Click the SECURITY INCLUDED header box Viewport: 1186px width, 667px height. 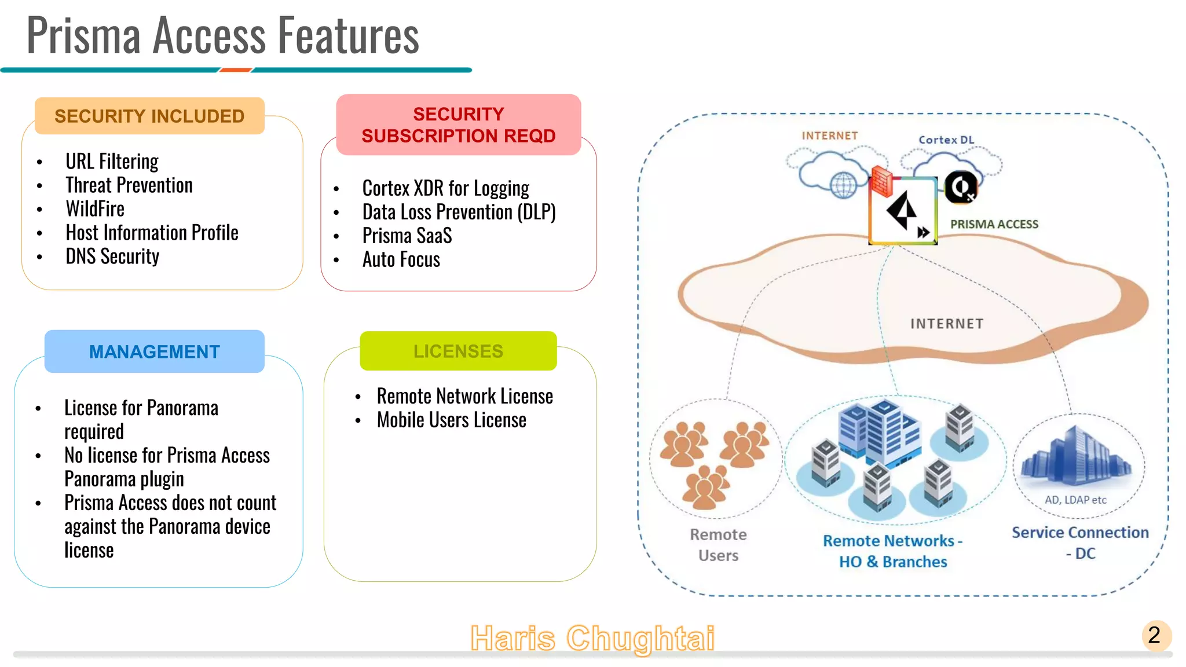pyautogui.click(x=149, y=116)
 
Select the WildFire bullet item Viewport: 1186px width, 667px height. pyautogui.click(x=95, y=209)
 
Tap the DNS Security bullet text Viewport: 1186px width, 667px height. pyautogui.click(x=112, y=256)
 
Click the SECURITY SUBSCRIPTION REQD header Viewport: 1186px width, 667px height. pyautogui.click(x=458, y=124)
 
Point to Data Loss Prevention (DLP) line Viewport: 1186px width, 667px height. pyautogui.click(x=459, y=212)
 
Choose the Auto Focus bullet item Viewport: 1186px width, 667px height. pyautogui.click(x=401, y=260)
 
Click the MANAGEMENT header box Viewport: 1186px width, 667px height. pyautogui.click(x=154, y=351)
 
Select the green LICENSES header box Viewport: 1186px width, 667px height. pyautogui.click(x=458, y=351)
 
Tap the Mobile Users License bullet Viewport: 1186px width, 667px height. pyautogui.click(x=451, y=420)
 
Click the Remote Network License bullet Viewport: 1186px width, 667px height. pyautogui.click(x=464, y=397)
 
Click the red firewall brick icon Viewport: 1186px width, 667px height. pyautogui.click(x=882, y=181)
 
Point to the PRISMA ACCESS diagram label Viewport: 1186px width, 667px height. pyautogui.click(x=994, y=225)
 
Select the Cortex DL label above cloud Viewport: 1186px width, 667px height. pyautogui.click(x=946, y=140)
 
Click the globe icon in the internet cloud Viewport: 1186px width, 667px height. pyautogui.click(x=843, y=185)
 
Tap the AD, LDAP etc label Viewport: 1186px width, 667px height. pyautogui.click(x=1075, y=500)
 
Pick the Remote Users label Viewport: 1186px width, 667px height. pyautogui.click(x=718, y=545)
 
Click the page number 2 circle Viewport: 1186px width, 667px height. pyautogui.click(x=1155, y=636)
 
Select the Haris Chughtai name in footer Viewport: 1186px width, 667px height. pyautogui.click(x=592, y=638)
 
